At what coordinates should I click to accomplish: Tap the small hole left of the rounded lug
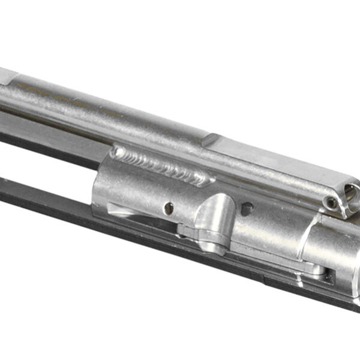coord(169,208)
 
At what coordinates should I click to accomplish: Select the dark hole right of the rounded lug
coord(246,208)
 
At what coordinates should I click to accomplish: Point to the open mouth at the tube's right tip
coord(353,196)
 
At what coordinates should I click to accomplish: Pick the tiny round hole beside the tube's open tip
coord(331,203)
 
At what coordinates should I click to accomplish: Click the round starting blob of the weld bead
coord(118,152)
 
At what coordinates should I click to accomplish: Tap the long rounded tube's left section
coord(90,111)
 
